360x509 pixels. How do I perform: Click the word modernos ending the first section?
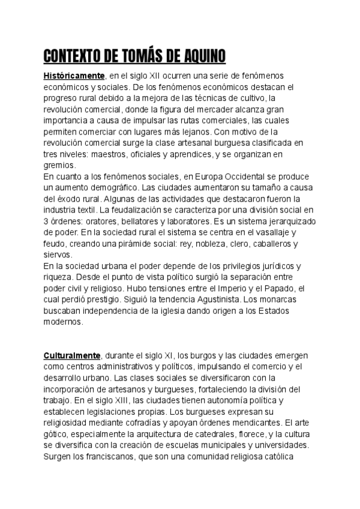click(x=63, y=321)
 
